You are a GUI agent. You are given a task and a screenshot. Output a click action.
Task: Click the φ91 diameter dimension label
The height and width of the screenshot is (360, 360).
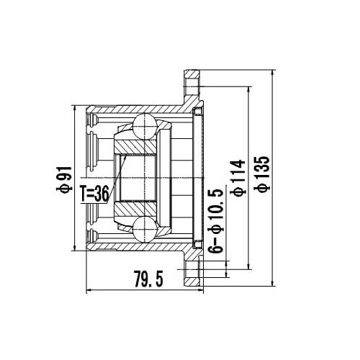click(x=65, y=179)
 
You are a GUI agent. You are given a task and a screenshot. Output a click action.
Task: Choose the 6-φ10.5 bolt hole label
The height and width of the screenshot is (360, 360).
click(x=213, y=223)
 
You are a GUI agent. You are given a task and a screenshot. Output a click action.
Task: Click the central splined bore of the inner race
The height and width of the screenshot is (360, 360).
click(x=137, y=179)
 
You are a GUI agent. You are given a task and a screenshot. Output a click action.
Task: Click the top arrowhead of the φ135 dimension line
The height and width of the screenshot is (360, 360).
click(x=274, y=73)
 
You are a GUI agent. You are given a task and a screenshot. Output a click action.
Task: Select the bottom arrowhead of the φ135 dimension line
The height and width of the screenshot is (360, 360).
click(x=274, y=284)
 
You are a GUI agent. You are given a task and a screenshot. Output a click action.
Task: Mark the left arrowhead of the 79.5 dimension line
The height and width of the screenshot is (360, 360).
click(x=89, y=290)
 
